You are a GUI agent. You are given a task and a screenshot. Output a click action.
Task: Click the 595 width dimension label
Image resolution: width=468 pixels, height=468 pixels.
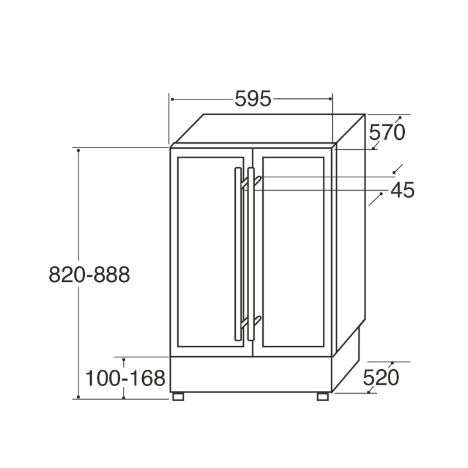pos(253,99)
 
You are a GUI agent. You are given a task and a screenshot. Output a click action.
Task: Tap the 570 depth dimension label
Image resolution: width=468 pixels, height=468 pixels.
pos(387,133)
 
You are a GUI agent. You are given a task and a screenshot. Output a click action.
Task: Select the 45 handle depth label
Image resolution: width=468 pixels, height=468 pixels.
pos(402,190)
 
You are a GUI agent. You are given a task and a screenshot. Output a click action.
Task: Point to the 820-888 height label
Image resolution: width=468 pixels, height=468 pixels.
pos(90,274)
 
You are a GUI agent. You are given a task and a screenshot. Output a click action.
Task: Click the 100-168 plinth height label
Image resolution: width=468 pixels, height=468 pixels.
pos(125,378)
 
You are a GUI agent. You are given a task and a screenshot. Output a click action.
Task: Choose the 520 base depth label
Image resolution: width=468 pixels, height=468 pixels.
pos(381,378)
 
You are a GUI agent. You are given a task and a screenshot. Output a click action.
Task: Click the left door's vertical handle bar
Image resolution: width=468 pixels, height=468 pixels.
pos(238,254)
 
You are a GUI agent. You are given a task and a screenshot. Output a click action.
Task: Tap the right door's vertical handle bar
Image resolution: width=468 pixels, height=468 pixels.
pos(251,254)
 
